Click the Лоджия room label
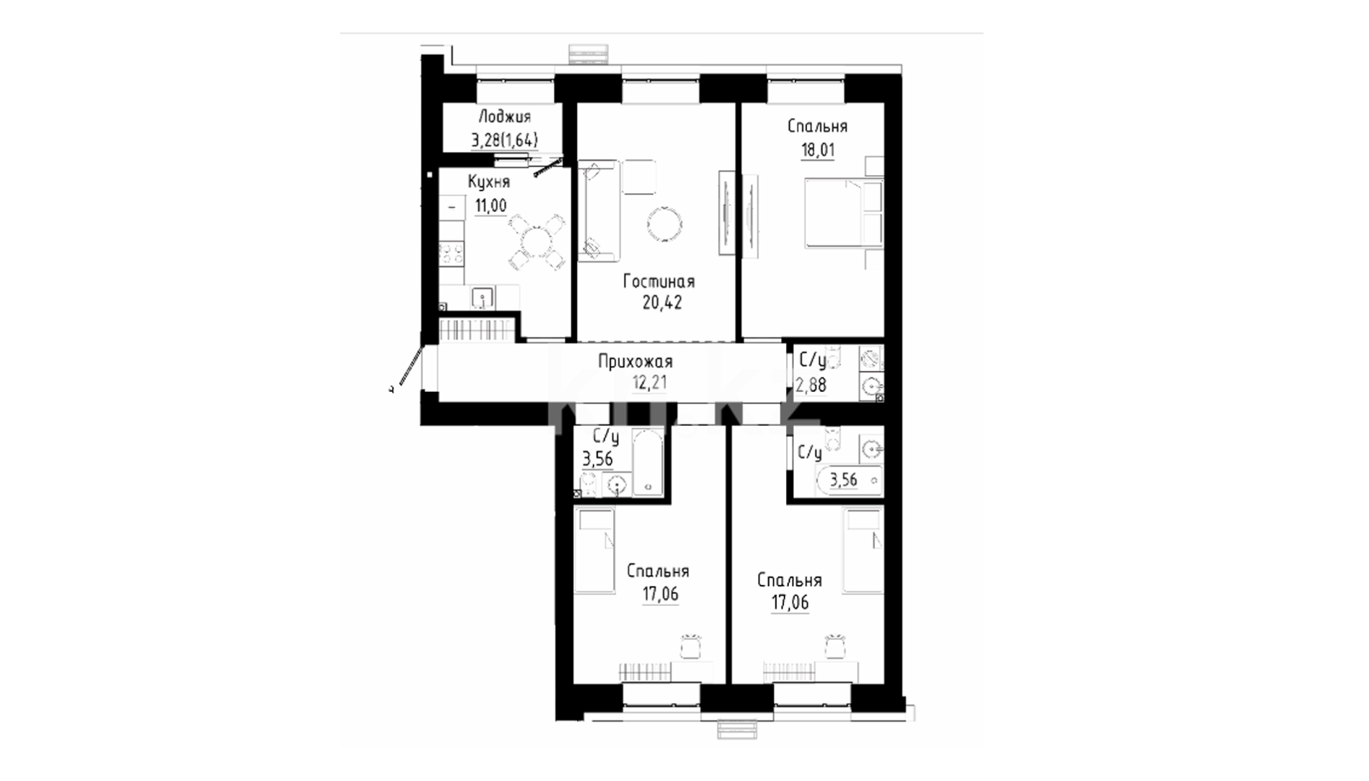point(504,117)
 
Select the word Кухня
point(488,182)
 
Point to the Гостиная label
point(659,282)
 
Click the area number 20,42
point(662,302)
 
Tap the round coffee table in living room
point(664,224)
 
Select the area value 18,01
point(817,150)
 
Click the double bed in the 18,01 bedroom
point(844,215)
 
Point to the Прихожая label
point(635,361)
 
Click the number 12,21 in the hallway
point(650,382)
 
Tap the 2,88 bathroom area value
point(811,385)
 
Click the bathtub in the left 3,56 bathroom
point(647,463)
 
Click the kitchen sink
point(482,297)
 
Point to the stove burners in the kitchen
point(452,255)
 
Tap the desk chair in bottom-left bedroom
point(691,646)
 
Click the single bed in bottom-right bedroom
point(865,550)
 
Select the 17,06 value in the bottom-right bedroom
point(790,602)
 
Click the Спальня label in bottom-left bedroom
point(658,571)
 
